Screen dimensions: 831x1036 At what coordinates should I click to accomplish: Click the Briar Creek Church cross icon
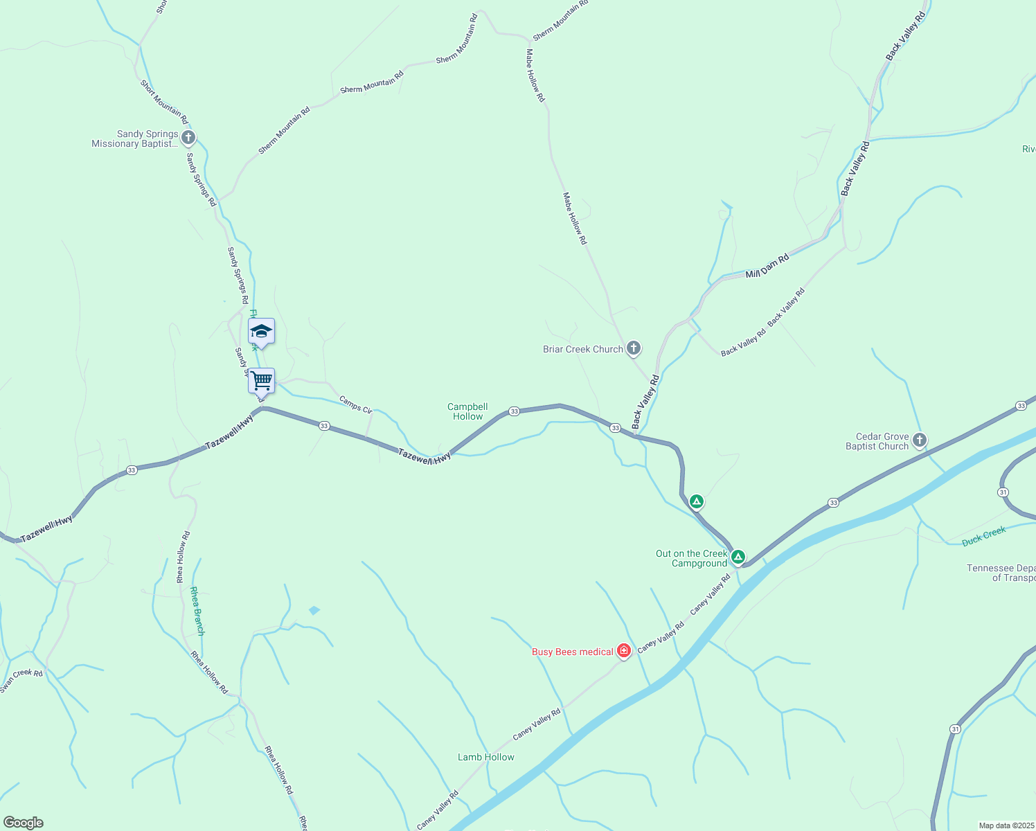coord(634,348)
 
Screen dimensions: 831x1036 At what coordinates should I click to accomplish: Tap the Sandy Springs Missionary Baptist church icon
coord(188,138)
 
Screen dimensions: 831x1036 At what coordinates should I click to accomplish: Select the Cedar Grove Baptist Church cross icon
coord(920,440)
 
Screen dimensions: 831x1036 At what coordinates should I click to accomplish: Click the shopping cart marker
coord(261,380)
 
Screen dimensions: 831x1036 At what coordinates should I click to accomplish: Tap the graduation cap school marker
coord(261,331)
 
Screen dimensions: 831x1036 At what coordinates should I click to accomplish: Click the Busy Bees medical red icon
coord(624,650)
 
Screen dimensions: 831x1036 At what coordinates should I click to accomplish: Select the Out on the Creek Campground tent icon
coord(738,556)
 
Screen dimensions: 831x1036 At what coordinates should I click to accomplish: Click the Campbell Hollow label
coord(467,411)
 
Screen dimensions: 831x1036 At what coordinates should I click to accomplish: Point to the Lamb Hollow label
coord(485,757)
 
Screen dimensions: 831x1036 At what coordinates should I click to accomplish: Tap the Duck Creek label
coord(983,536)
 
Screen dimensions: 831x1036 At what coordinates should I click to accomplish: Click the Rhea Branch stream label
coord(197,611)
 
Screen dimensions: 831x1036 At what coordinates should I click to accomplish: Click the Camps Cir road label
coord(356,405)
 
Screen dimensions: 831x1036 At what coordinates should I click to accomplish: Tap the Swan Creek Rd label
coord(21,680)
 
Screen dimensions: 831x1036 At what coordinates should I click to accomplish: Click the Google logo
coord(23,823)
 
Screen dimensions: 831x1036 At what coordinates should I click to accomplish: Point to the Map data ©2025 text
coord(1006,825)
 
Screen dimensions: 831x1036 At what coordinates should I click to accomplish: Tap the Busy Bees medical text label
coord(572,652)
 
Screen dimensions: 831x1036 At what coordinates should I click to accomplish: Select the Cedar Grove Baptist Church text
coord(877,441)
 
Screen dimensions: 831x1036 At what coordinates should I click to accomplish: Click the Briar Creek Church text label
coord(582,349)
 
